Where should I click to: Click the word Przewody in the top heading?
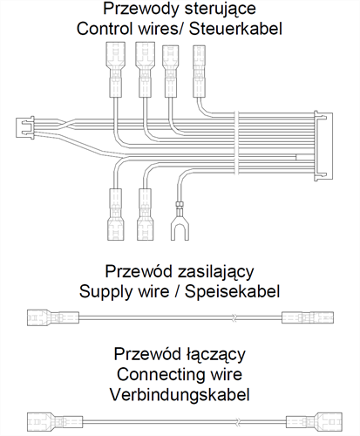[x=142, y=9]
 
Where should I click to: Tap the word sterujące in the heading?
[x=221, y=10]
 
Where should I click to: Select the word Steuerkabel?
[x=235, y=29]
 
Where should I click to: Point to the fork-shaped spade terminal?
[x=180, y=221]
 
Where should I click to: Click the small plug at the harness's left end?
[x=25, y=127]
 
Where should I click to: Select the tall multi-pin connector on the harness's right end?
[x=323, y=146]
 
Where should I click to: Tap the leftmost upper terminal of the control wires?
[x=116, y=70]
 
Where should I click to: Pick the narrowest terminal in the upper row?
[x=199, y=72]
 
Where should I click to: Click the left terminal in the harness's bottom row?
[x=116, y=215]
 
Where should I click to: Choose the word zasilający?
[x=215, y=272]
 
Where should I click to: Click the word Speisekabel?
[x=232, y=291]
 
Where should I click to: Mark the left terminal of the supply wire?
[x=53, y=317]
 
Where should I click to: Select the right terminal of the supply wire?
[x=308, y=317]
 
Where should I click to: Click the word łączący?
[x=215, y=355]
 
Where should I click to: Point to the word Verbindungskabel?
[x=180, y=395]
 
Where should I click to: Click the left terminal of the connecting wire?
[x=55, y=422]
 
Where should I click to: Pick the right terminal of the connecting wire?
[x=314, y=422]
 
